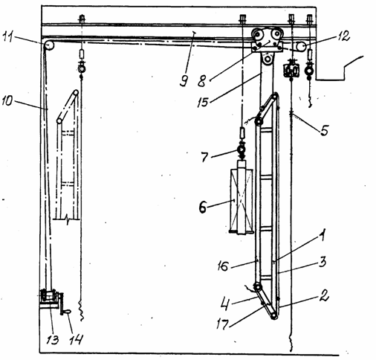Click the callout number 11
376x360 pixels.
click(9, 38)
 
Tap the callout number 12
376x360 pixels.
click(343, 36)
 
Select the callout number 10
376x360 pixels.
click(7, 101)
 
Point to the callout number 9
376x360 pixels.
click(184, 80)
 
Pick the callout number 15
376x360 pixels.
click(203, 102)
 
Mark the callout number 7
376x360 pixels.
click(204, 157)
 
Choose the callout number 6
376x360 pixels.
click(203, 207)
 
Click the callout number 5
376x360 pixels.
click(324, 130)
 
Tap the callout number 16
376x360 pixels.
click(222, 266)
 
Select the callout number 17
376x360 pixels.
click(222, 324)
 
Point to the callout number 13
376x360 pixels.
click(53, 339)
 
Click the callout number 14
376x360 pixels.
click(76, 339)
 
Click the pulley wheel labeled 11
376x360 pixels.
click(49, 46)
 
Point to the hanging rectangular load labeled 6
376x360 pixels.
click(242, 200)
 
